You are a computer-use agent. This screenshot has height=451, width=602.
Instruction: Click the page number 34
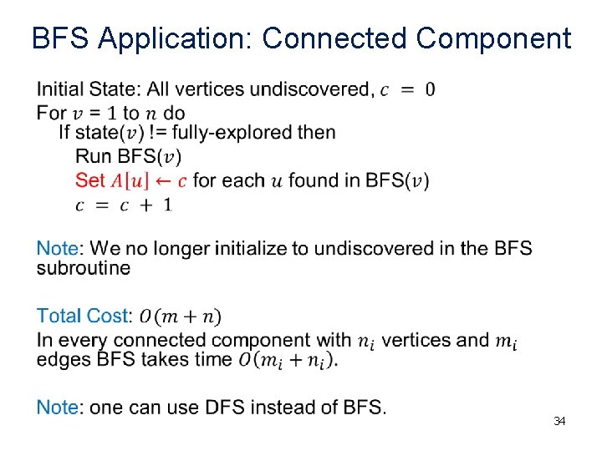pos(559,422)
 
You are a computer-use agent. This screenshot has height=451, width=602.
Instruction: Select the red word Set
pos(90,180)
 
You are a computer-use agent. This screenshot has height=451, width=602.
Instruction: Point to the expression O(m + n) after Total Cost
pos(180,317)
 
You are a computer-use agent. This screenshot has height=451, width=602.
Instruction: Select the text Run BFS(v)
pos(128,157)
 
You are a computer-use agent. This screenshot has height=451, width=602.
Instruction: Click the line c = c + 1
pos(124,205)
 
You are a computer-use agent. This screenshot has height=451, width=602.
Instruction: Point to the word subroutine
pos(84,268)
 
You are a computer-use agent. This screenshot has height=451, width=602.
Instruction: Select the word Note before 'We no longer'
pos(58,249)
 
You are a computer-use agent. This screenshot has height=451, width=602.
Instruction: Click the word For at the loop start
pos(52,113)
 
